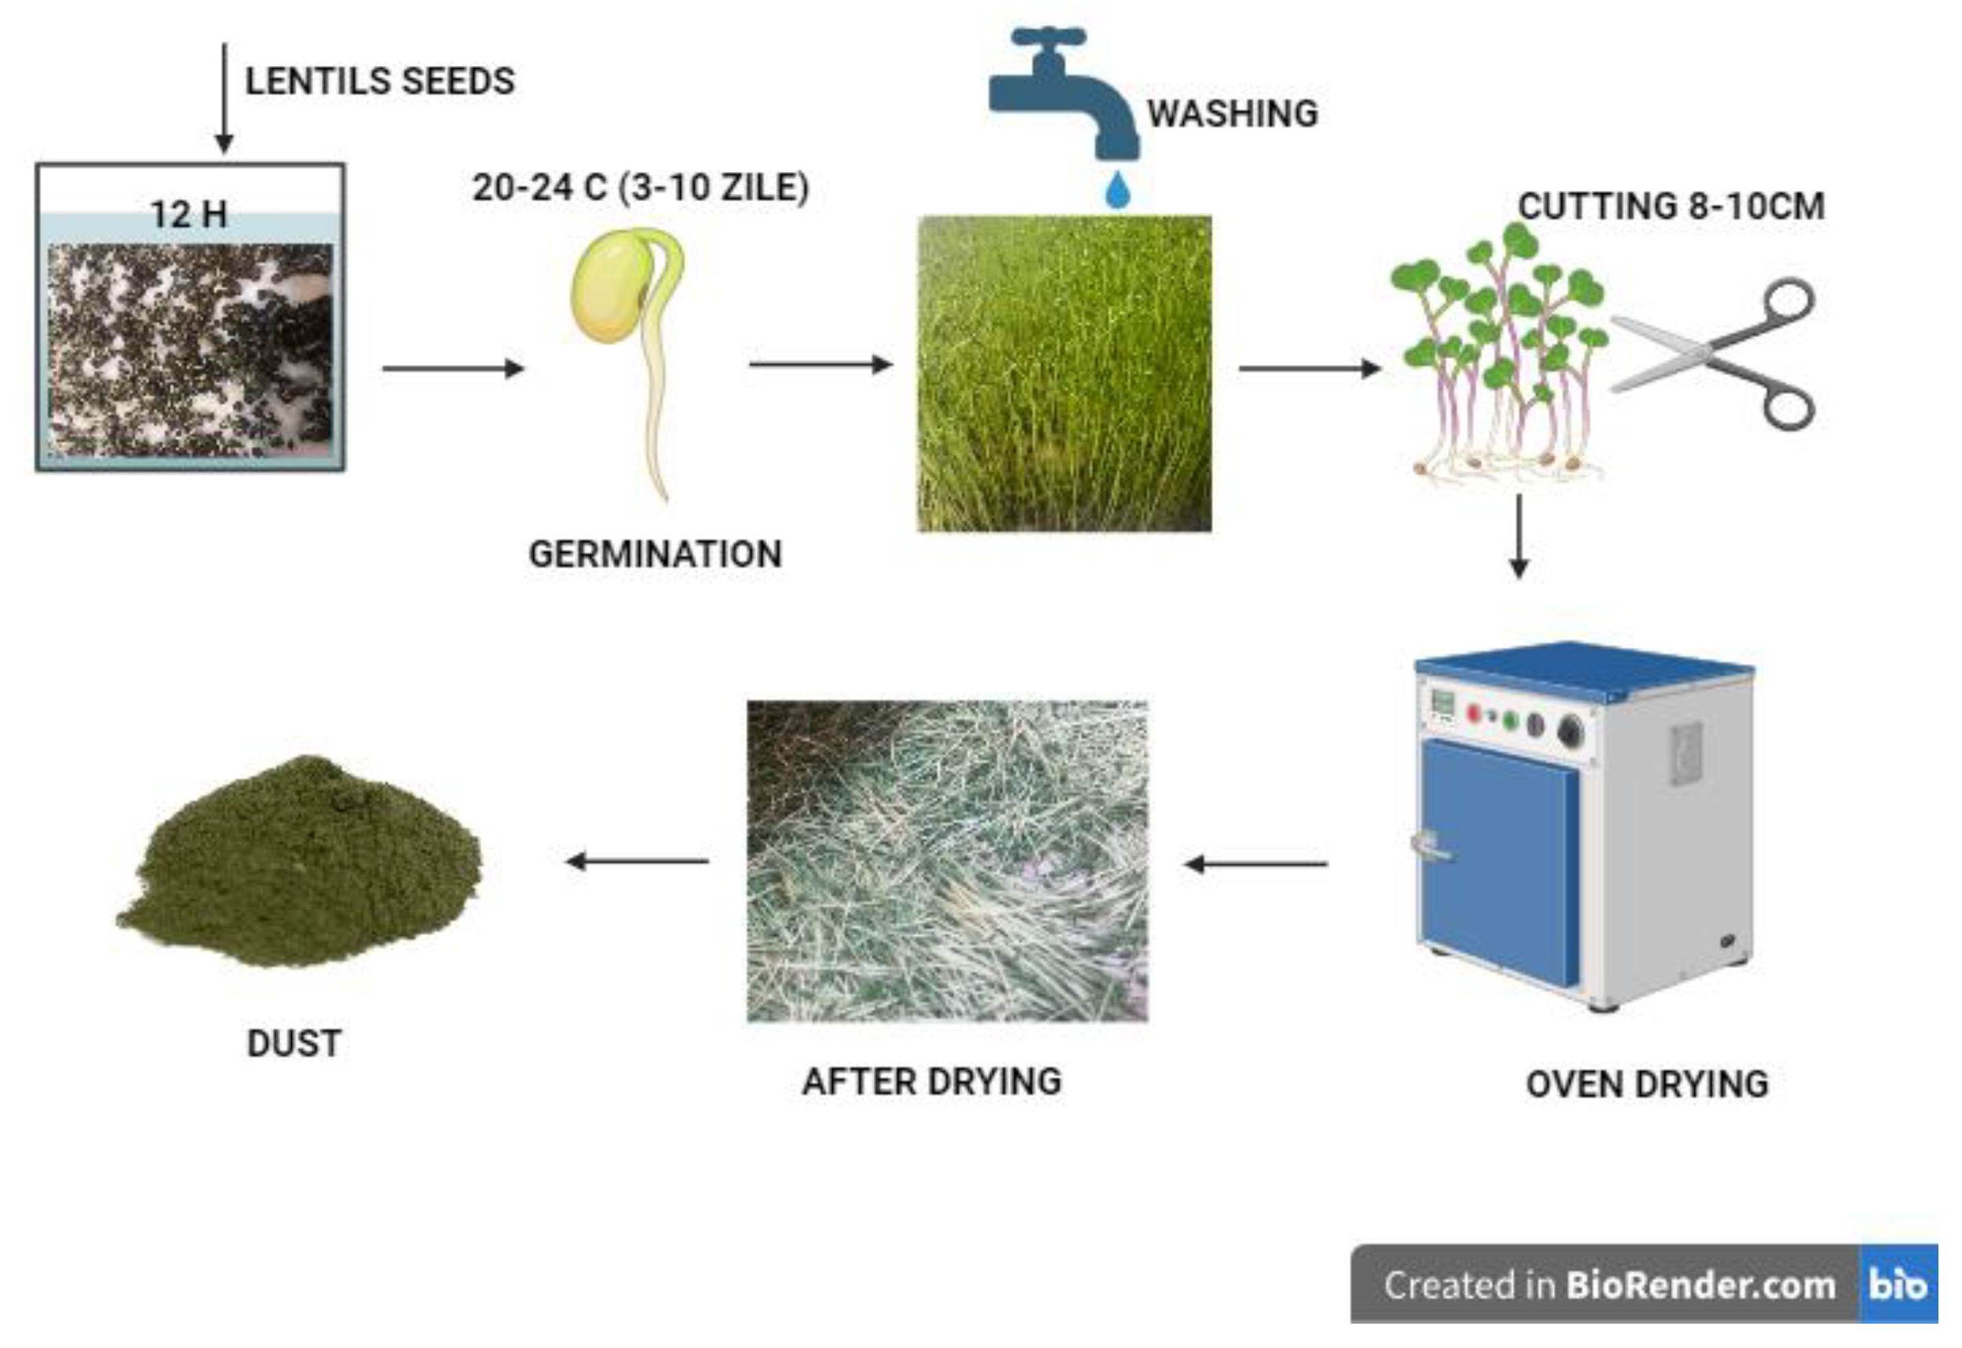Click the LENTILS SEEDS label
coord(380,81)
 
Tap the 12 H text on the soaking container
coord(189,214)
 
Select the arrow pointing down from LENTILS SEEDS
coord(224,99)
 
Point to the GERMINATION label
coord(656,554)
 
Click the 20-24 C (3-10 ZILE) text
coord(640,188)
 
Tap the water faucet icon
coord(1064,93)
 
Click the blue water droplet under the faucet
coord(1117,190)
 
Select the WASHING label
coord(1233,113)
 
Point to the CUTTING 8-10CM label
coord(1671,206)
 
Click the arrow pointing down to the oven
coord(1518,536)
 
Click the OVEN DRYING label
coord(1647,1084)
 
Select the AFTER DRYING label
coord(932,1081)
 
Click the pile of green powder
coord(300,861)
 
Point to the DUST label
coord(294,1043)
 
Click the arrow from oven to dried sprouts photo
coord(1255,864)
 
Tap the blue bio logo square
coord(1898,1284)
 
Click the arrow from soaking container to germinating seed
coord(454,368)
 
